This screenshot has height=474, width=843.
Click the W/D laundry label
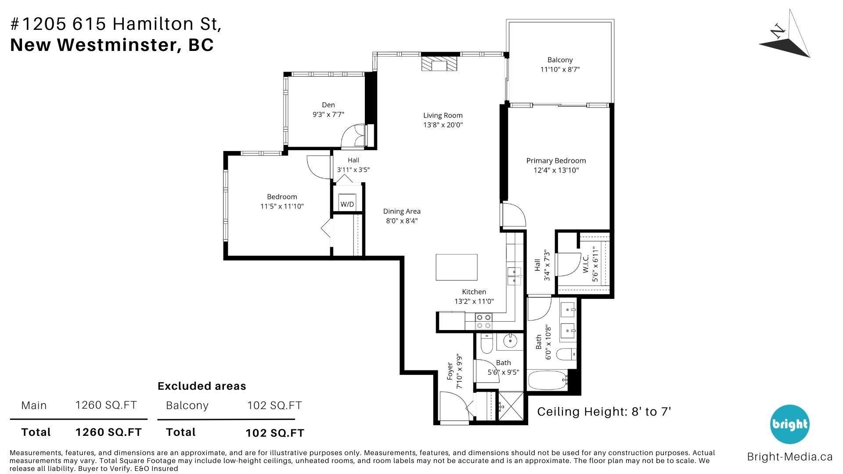pyautogui.click(x=347, y=205)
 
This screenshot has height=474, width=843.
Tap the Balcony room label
pyautogui.click(x=560, y=60)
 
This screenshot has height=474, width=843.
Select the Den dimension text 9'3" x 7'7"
pyautogui.click(x=328, y=115)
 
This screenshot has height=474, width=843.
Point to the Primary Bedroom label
pyautogui.click(x=556, y=161)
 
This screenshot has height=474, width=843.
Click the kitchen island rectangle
pyautogui.click(x=457, y=267)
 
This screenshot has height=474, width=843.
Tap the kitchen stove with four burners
pyautogui.click(x=484, y=321)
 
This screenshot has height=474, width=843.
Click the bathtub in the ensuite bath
pyautogui.click(x=548, y=380)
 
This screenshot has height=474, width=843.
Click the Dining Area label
pyautogui.click(x=402, y=211)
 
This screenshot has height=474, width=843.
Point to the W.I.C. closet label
pyautogui.click(x=586, y=264)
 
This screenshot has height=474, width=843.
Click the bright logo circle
pyautogui.click(x=789, y=424)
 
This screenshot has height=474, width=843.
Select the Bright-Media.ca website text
pyautogui.click(x=789, y=457)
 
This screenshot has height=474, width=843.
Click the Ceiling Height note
pyautogui.click(x=604, y=412)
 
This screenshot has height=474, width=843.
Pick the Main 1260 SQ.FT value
pyautogui.click(x=106, y=405)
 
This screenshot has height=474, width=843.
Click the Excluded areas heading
pyautogui.click(x=202, y=386)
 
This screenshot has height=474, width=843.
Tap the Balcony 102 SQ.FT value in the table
pyautogui.click(x=274, y=405)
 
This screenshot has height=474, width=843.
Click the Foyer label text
pyautogui.click(x=450, y=371)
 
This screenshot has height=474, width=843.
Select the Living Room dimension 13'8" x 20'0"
pyautogui.click(x=443, y=125)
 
